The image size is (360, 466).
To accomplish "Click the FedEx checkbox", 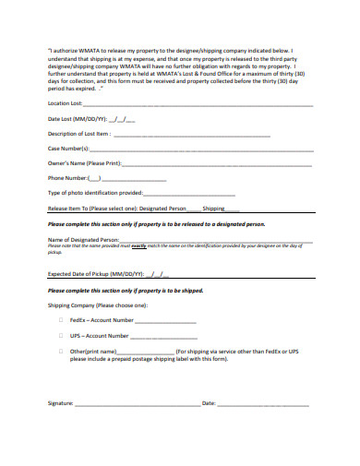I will click(61, 320).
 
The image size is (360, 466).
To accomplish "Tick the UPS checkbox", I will click(61, 336).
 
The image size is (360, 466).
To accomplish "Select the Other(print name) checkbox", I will click(61, 352).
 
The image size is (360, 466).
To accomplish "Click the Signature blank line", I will click(138, 404).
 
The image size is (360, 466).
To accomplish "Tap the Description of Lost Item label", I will click(79, 134).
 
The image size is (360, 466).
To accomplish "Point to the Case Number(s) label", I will click(68, 149).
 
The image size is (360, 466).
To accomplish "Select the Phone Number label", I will click(68, 178).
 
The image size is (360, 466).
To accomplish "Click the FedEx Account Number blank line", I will click(166, 321).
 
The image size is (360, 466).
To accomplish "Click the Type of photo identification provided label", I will click(95, 193).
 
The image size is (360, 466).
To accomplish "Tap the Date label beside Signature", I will click(209, 403).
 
